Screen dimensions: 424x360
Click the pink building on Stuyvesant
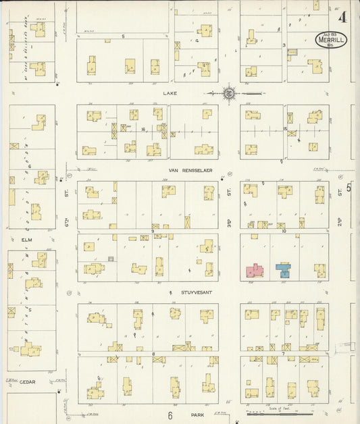(x=254, y=271)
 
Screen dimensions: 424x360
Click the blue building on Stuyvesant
(x=283, y=271)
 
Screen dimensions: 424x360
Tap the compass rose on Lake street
(x=228, y=92)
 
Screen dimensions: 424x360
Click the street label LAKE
(x=170, y=93)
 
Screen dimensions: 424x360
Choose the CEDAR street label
(x=27, y=381)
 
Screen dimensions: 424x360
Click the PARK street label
(x=197, y=415)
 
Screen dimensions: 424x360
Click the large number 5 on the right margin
(x=349, y=187)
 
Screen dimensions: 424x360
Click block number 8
(x=153, y=353)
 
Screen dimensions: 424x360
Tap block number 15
(x=286, y=128)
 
